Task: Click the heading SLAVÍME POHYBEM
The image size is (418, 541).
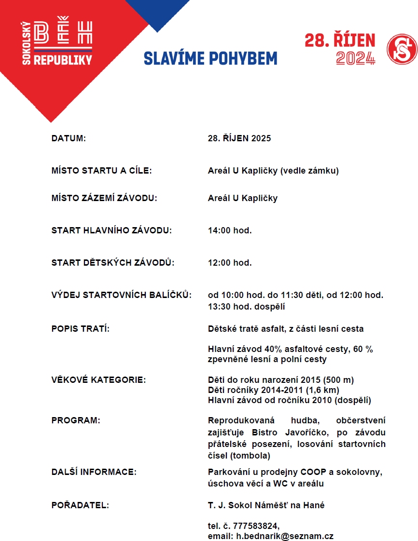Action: pyautogui.click(x=210, y=58)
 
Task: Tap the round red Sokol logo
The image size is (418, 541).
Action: pyautogui.click(x=402, y=48)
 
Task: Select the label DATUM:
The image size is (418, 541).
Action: pyautogui.click(x=69, y=138)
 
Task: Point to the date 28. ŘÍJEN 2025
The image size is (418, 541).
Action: pyautogui.click(x=239, y=138)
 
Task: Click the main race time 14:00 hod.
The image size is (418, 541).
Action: pyautogui.click(x=230, y=230)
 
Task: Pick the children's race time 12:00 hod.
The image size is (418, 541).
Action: pyautogui.click(x=230, y=263)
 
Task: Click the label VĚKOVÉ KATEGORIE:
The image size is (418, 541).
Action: pyautogui.click(x=98, y=379)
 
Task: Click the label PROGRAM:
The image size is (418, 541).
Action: pyautogui.click(x=76, y=420)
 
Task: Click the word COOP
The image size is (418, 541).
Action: pyautogui.click(x=296, y=472)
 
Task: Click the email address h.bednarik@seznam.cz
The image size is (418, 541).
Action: pyautogui.click(x=285, y=536)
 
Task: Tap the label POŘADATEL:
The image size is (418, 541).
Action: pyautogui.click(x=80, y=505)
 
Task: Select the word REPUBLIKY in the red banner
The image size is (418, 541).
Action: pyautogui.click(x=62, y=60)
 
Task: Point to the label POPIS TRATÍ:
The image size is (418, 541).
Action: pyautogui.click(x=81, y=329)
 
